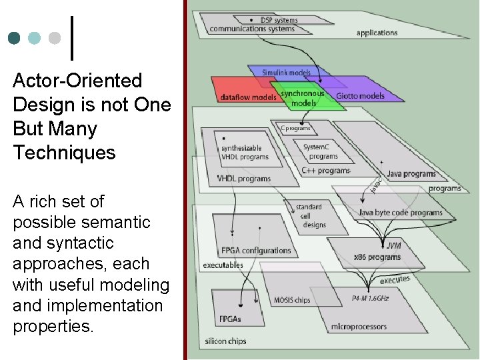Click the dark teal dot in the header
click(15, 38)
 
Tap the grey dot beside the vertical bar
click(55, 38)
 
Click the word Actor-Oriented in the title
click(77, 81)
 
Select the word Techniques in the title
click(64, 153)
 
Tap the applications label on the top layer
click(377, 33)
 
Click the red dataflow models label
click(248, 97)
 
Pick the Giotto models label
click(361, 96)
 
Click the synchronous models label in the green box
click(303, 98)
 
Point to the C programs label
click(295, 128)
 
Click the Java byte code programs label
click(400, 213)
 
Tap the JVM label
click(393, 245)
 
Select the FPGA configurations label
click(256, 251)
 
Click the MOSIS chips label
click(292, 300)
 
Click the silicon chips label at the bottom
click(225, 341)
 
